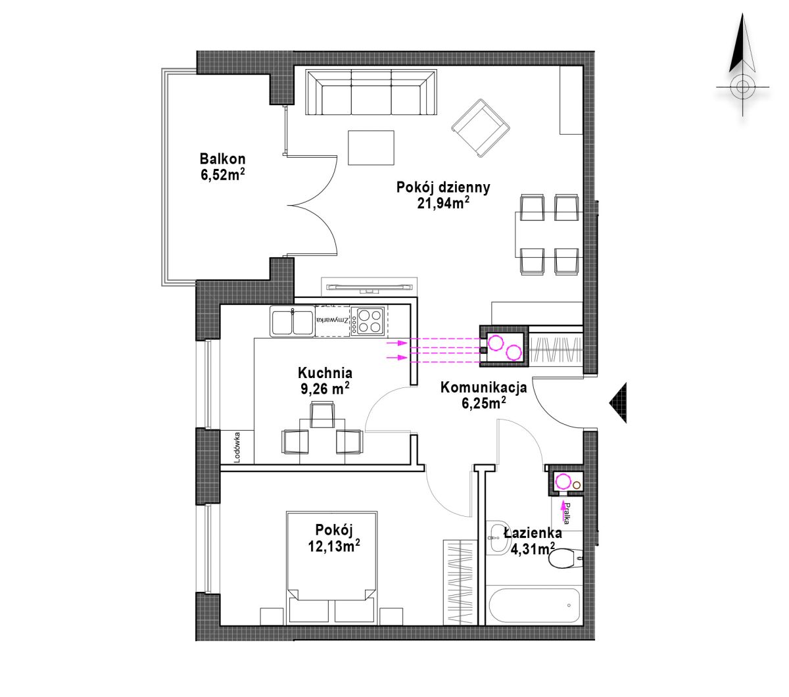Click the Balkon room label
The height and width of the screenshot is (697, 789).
tap(222, 159)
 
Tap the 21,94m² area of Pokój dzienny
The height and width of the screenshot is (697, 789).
tap(443, 203)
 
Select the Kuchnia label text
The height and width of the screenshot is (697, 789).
tap(325, 373)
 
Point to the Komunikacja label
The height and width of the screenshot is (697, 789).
tap(484, 387)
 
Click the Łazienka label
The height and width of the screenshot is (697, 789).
tap(533, 533)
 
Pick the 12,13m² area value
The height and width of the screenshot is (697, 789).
tap(334, 546)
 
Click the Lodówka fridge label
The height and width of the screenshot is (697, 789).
tap(237, 447)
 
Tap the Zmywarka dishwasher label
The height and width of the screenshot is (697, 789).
tap(332, 320)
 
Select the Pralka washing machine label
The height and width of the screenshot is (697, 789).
tap(567, 514)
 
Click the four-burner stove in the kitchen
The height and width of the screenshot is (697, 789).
tap(368, 321)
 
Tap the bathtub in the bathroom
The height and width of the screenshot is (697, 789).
tap(535, 606)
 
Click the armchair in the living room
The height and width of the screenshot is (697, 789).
tap(481, 128)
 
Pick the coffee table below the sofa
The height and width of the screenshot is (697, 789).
tap(371, 148)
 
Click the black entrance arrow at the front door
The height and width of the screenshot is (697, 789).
tap(618, 403)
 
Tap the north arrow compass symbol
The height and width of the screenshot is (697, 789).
tap(742, 66)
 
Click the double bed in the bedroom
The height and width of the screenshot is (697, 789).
tap(332, 567)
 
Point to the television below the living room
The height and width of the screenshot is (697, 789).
tap(370, 287)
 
